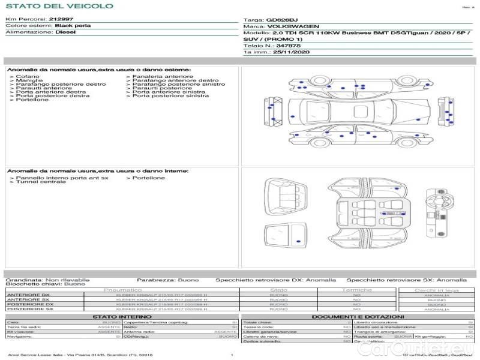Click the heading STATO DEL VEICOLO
click(x=59, y=6)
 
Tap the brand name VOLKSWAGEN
click(x=293, y=27)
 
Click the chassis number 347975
click(x=289, y=46)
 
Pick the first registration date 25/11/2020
click(x=290, y=53)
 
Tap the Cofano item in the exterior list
click(x=26, y=77)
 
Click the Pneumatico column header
click(x=135, y=290)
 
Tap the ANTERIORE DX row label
click(x=28, y=295)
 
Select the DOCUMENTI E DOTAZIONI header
click(x=358, y=316)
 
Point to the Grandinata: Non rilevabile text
click(x=48, y=280)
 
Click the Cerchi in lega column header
click(x=437, y=290)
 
